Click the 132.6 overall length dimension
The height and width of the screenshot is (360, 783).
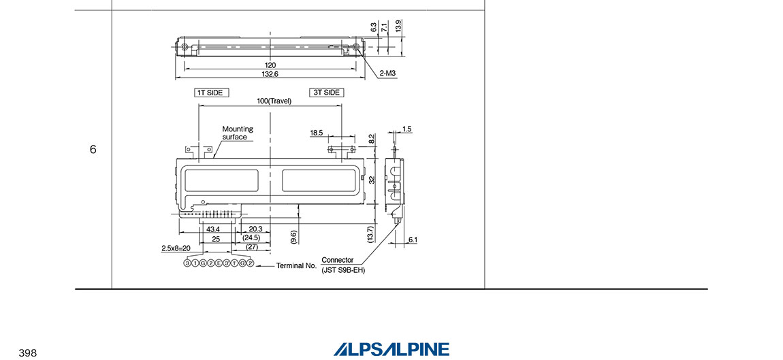pyautogui.click(x=270, y=73)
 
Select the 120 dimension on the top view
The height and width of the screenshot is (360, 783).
pyautogui.click(x=270, y=65)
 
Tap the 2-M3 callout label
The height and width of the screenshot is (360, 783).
pyautogui.click(x=389, y=73)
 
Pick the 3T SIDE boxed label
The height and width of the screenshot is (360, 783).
pyautogui.click(x=325, y=93)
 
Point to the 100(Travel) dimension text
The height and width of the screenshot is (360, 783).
pyautogui.click(x=274, y=101)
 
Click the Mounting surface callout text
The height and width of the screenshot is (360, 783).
pyautogui.click(x=237, y=133)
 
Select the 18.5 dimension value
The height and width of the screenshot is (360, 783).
pyautogui.click(x=317, y=133)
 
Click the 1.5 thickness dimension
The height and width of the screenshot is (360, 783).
pyautogui.click(x=406, y=129)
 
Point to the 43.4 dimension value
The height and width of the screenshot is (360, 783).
pyautogui.click(x=213, y=229)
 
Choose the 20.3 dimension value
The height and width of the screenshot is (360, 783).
pyautogui.click(x=256, y=229)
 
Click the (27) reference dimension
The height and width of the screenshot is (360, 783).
pyautogui.click(x=252, y=247)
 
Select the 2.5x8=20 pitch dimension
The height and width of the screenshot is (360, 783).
pyautogui.click(x=176, y=248)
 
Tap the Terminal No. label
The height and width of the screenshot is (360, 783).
pyautogui.click(x=296, y=266)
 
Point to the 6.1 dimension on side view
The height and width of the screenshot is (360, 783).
pyautogui.click(x=413, y=240)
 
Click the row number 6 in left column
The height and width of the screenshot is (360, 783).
pyautogui.click(x=93, y=149)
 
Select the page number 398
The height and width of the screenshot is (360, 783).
pyautogui.click(x=27, y=353)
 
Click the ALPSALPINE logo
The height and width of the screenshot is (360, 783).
pyautogui.click(x=391, y=349)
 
